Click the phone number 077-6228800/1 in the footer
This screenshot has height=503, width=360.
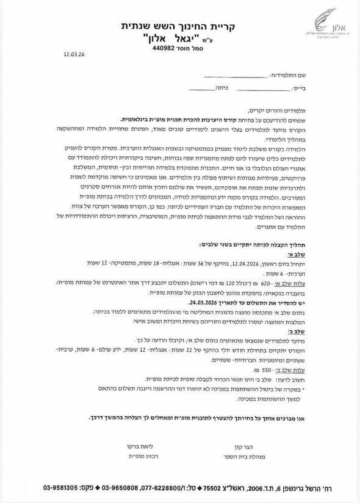coord(160,488)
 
